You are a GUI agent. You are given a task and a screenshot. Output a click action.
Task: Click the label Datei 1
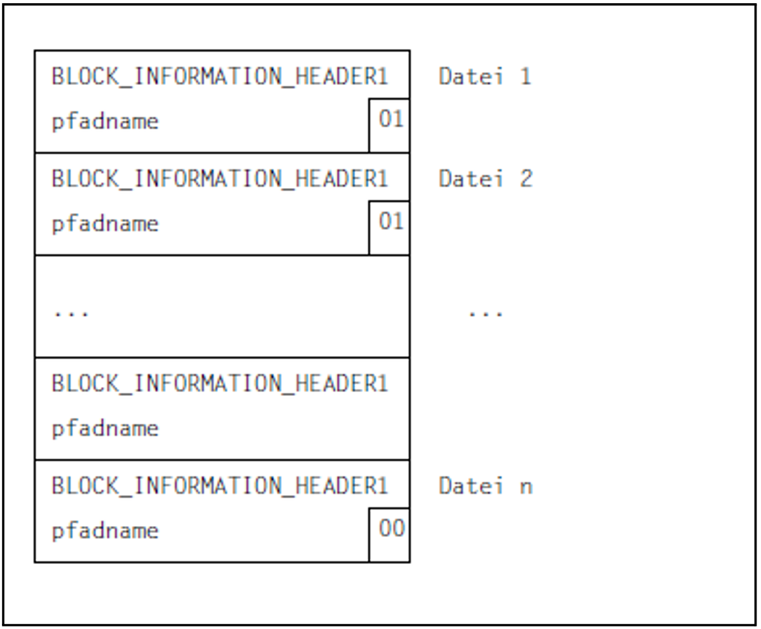485,77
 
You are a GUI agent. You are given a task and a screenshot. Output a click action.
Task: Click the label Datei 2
486,179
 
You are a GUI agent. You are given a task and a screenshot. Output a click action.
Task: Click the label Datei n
486,486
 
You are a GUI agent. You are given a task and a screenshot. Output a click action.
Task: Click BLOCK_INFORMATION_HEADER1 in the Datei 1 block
220,77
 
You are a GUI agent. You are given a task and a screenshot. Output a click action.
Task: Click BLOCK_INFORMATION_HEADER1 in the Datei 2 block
220,179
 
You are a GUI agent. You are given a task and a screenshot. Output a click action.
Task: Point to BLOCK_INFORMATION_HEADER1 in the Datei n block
220,486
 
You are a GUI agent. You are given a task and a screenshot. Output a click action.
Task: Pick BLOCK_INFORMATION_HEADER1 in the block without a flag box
220,384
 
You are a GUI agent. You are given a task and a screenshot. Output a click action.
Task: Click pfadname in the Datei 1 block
105,122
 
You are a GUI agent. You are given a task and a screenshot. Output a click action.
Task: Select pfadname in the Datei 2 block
105,224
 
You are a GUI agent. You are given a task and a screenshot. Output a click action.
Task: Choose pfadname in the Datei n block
105,531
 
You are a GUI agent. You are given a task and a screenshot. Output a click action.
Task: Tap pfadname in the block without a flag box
105,429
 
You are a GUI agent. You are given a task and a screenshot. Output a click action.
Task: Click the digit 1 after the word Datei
525,77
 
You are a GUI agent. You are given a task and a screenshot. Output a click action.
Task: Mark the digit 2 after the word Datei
526,179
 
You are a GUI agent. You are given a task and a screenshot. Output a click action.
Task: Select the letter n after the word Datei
526,487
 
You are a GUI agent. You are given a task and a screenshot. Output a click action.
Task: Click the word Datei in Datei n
470,486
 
